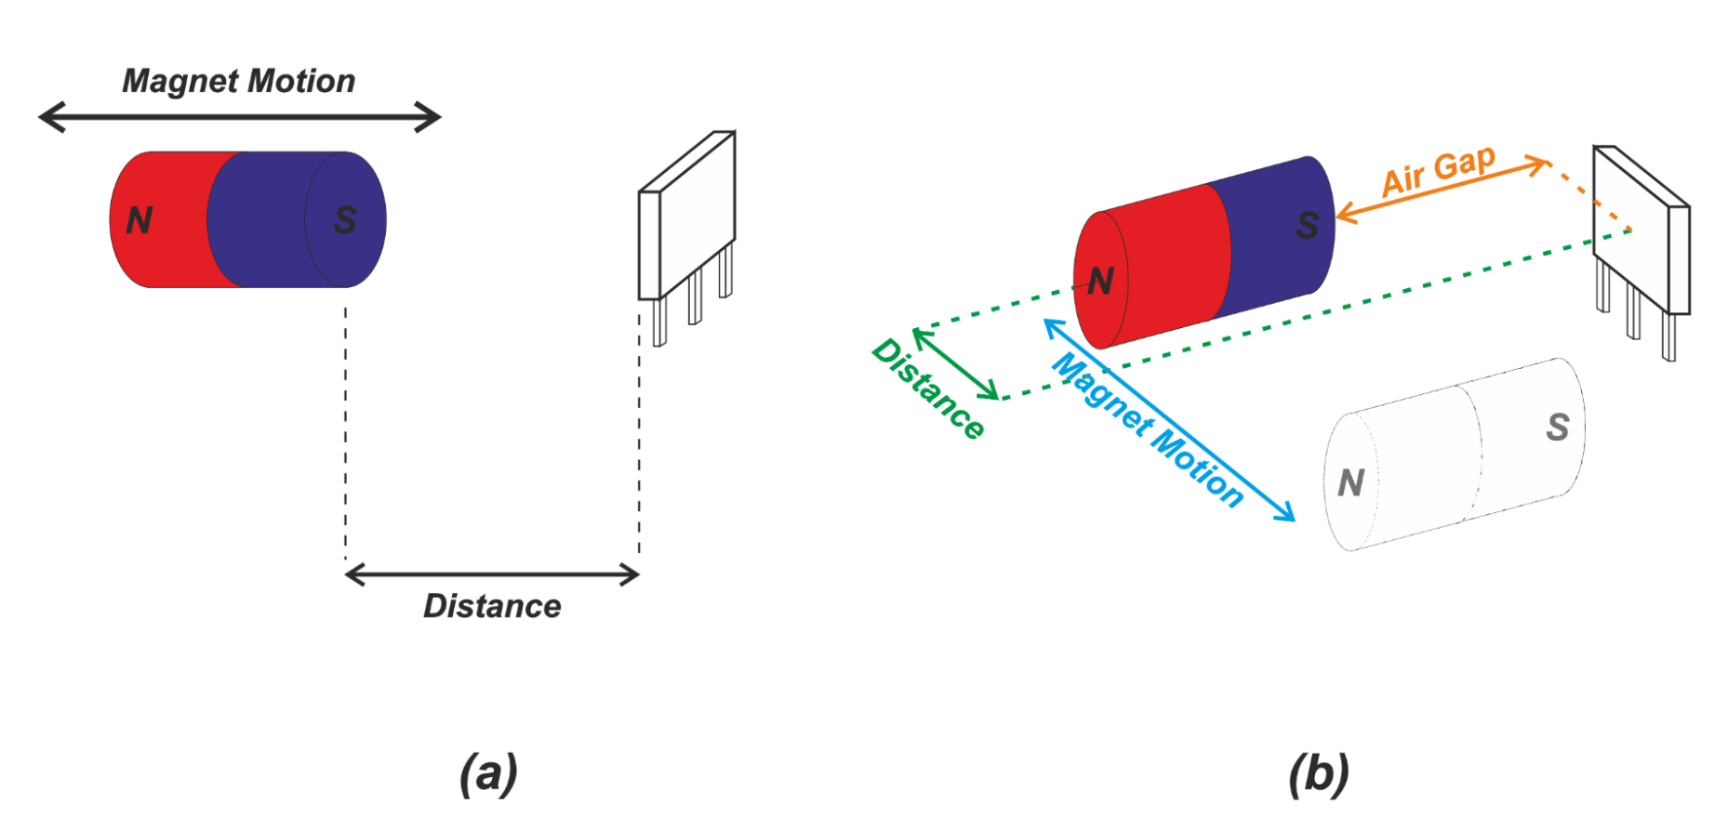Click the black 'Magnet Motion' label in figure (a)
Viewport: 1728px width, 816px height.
pyautogui.click(x=238, y=82)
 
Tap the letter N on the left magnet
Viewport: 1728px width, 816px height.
pyautogui.click(x=140, y=220)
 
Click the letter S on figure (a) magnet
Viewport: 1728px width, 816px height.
pyautogui.click(x=345, y=220)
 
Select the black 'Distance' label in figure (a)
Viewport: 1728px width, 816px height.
pyautogui.click(x=492, y=606)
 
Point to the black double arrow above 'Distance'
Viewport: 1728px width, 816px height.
pyautogui.click(x=492, y=575)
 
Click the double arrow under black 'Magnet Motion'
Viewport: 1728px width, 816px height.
pyautogui.click(x=239, y=117)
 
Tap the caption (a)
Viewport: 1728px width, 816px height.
pyautogui.click(x=488, y=773)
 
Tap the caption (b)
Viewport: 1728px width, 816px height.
pyautogui.click(x=1319, y=773)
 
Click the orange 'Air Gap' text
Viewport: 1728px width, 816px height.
pyautogui.click(x=1438, y=171)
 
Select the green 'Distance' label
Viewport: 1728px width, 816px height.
pyautogui.click(x=928, y=388)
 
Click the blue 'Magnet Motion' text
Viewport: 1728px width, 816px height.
pyautogui.click(x=1148, y=429)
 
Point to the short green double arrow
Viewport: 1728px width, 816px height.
pyautogui.click(x=956, y=363)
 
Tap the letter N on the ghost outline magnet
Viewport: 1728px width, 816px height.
pyautogui.click(x=1350, y=482)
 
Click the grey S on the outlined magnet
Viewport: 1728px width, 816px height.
pyautogui.click(x=1558, y=427)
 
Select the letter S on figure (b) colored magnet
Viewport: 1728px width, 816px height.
pyautogui.click(x=1307, y=225)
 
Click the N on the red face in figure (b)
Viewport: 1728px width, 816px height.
pyautogui.click(x=1100, y=281)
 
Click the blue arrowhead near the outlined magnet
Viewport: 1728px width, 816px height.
pyautogui.click(x=1287, y=514)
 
